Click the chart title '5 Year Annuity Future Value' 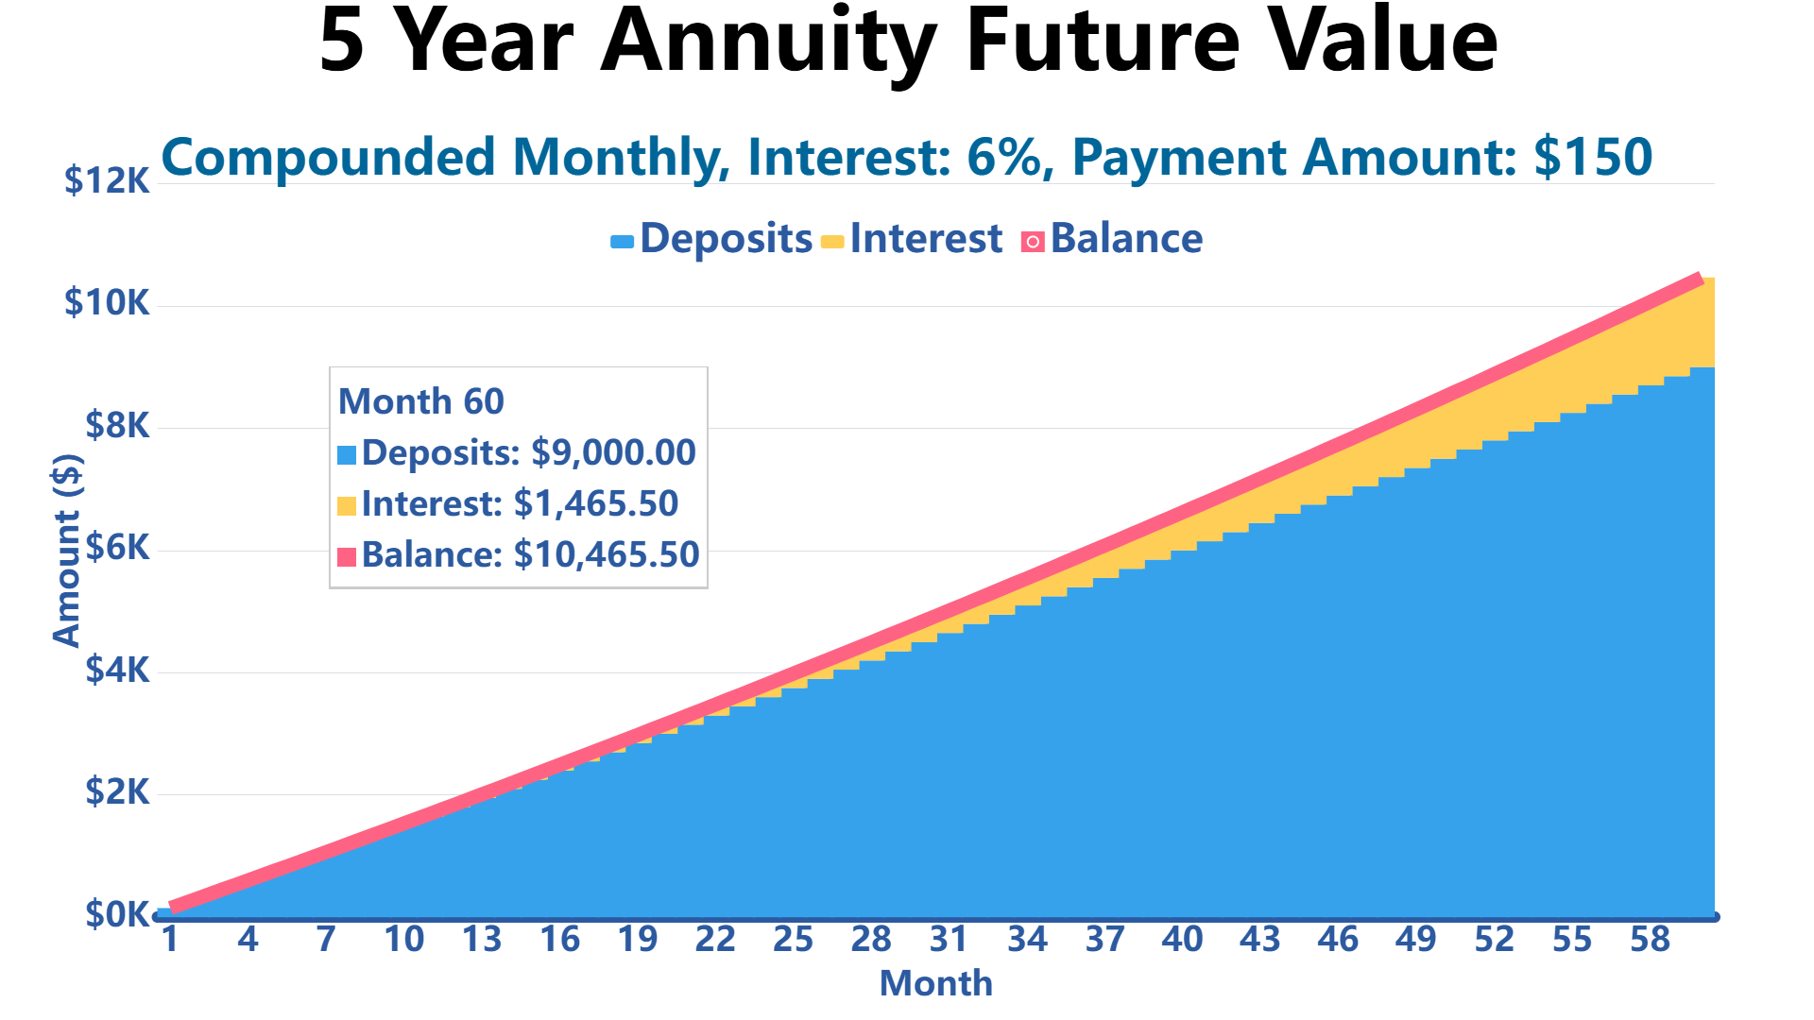click(908, 42)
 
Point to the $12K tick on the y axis click(107, 179)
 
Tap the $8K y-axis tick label click(117, 426)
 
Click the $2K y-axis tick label click(117, 791)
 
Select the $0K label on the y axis click(117, 914)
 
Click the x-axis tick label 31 click(949, 940)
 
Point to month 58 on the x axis click(1650, 940)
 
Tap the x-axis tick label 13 click(482, 940)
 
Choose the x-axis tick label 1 click(170, 940)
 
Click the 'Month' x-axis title click(935, 984)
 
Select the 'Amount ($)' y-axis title click(67, 551)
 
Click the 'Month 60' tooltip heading click(421, 401)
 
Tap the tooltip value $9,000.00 click(613, 453)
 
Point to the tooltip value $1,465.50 click(596, 504)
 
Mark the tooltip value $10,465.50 click(606, 555)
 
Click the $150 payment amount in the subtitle click(1593, 157)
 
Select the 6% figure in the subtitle click(1008, 157)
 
